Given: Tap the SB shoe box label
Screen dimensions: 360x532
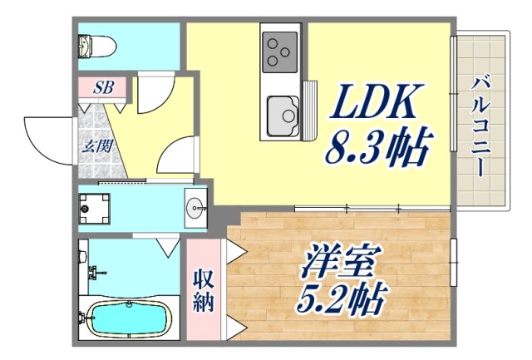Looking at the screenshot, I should click(104, 86).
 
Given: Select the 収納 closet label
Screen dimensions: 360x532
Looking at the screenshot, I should click(204, 289).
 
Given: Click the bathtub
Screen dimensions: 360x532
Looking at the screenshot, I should click(129, 318).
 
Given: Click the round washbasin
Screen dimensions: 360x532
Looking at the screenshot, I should click(197, 207).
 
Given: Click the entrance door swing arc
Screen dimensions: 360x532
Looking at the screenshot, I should click(46, 137).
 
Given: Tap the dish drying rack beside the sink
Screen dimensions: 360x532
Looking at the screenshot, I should click(310, 108).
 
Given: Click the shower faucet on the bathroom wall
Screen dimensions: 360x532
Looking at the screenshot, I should click(94, 271).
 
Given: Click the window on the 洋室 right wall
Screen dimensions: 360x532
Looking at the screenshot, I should click(453, 262).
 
